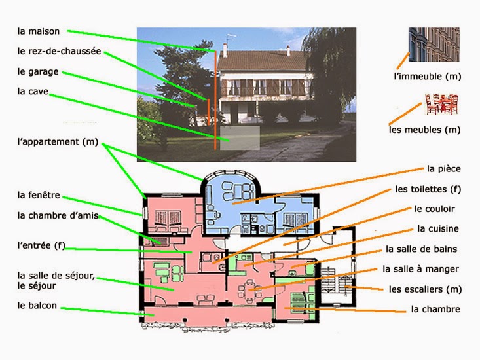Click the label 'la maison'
[x=39, y=31]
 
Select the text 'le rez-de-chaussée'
[x=59, y=51]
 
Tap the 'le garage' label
[x=38, y=71]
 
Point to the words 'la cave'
[x=33, y=92]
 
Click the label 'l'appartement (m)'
[x=57, y=141]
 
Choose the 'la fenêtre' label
[x=39, y=194]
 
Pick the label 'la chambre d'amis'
[x=58, y=215]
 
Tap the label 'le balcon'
[x=37, y=305]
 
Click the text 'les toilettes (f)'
[x=428, y=189]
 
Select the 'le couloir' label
[x=435, y=209]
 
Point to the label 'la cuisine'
[x=437, y=229]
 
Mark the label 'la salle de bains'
[x=422, y=249]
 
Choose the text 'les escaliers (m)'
[x=425, y=289]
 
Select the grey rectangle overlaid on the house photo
[x=240, y=138]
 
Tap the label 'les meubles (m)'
[x=424, y=130]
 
